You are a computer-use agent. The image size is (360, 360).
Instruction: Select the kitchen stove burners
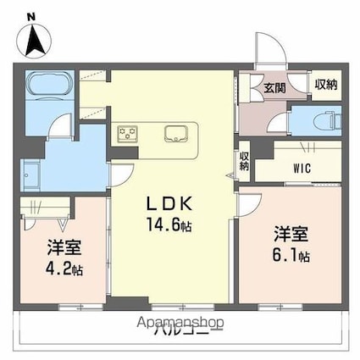[129, 133]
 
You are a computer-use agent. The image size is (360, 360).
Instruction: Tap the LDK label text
[173, 204]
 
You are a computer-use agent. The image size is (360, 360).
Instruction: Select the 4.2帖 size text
[63, 271]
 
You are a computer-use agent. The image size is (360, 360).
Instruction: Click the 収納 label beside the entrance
[326, 83]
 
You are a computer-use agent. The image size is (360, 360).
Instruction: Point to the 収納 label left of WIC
[245, 160]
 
